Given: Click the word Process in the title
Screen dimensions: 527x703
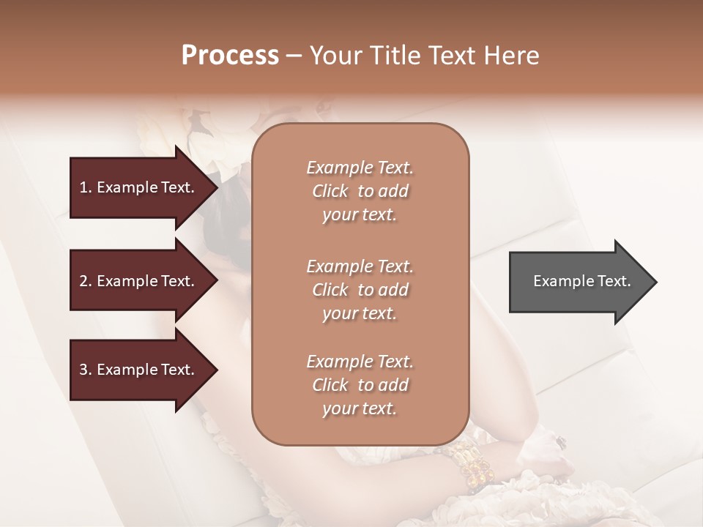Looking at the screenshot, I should [x=230, y=56].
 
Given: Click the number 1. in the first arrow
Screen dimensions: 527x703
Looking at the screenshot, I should [x=86, y=187].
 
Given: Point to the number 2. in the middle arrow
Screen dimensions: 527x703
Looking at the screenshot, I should [x=86, y=281].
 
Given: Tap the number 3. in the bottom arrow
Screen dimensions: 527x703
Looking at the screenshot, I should [x=86, y=370].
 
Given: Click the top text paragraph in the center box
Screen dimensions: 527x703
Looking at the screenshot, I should [x=360, y=191].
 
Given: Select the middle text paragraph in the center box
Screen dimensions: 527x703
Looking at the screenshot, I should [x=360, y=290].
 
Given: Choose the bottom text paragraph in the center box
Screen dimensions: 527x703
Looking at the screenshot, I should [x=360, y=385].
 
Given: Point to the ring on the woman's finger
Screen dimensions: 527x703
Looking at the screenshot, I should [x=561, y=441].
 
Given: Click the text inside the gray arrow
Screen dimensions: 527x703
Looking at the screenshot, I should [x=581, y=281].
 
